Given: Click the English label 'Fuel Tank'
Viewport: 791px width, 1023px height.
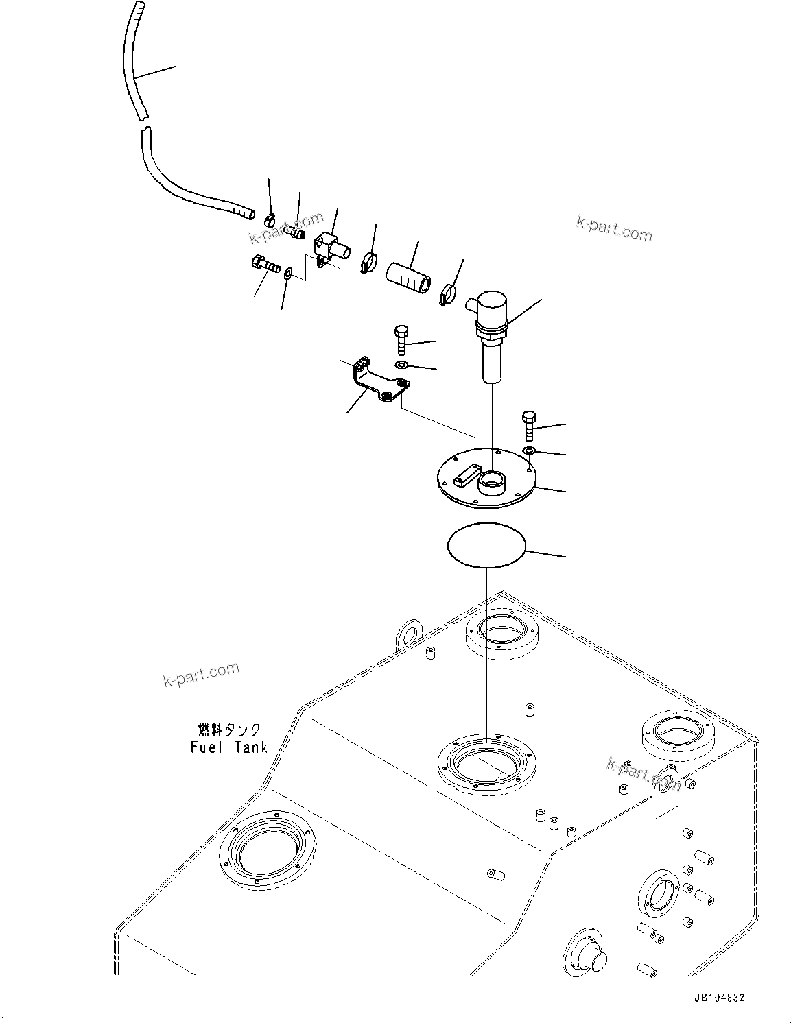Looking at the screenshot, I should pos(228,747).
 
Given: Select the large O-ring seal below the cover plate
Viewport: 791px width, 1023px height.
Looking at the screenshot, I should pos(486,544).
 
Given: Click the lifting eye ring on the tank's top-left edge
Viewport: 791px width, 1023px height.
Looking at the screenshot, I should pos(409,632).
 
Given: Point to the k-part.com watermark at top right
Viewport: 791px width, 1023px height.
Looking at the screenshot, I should pos(614,229).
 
